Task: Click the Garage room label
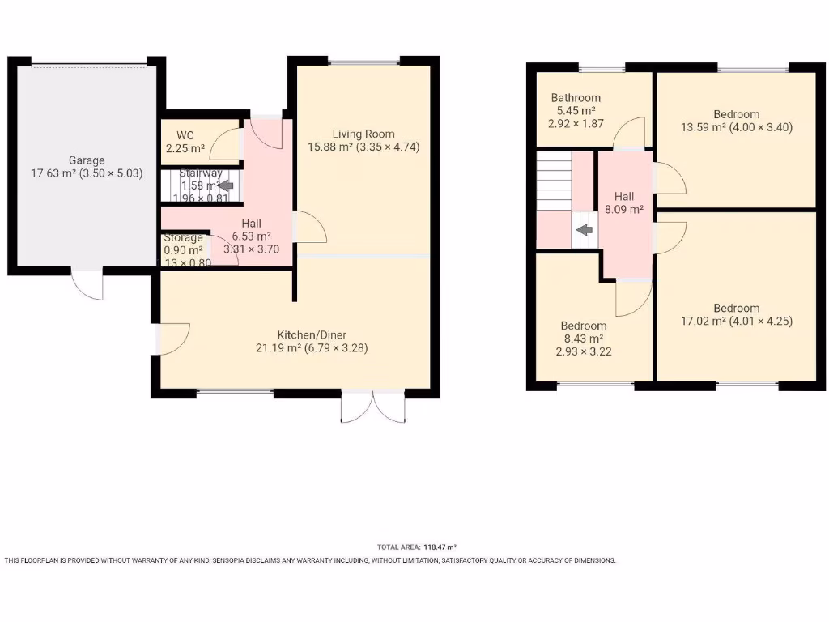coord(87,160)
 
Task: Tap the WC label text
coord(185,135)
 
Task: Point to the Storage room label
coord(184,238)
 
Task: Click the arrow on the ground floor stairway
coord(217,185)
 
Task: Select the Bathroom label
coord(576,98)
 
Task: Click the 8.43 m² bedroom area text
coord(584,339)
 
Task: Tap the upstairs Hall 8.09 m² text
coord(624,209)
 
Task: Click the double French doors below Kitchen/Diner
coord(372,407)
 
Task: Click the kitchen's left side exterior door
coord(172,338)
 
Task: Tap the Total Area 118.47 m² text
coord(422,547)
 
